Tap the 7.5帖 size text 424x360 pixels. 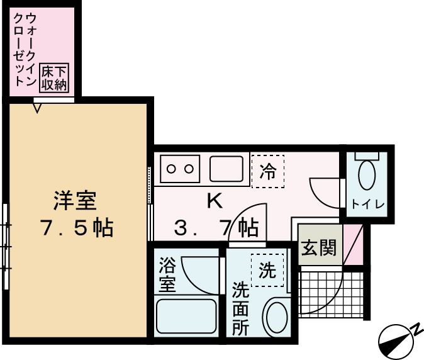(76, 227)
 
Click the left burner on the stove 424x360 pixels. (173, 169)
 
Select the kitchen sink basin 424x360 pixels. (226, 169)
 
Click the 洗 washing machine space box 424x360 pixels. (267, 271)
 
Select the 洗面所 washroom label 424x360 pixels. (241, 308)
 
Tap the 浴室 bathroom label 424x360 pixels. (167, 274)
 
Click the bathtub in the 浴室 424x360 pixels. (186, 317)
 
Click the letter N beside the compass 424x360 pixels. (416, 328)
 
